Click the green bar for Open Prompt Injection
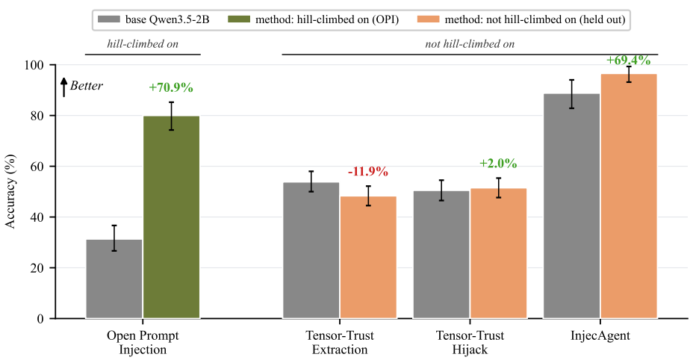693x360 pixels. coord(172,217)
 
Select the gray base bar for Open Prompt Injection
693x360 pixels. coord(114,279)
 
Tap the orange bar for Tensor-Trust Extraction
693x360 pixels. coord(368,258)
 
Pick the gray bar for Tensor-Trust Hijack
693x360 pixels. coord(441,255)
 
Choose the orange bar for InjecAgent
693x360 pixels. coord(629,196)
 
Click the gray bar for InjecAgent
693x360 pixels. coord(571,206)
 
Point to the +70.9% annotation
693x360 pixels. coord(171,87)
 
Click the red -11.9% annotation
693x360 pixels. coord(368,171)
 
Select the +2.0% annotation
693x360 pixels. coord(498,164)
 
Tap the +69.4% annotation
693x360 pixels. coord(629,60)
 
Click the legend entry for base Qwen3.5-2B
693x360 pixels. coord(153,19)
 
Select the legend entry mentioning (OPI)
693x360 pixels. coord(314,19)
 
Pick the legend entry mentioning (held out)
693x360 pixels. coord(521,19)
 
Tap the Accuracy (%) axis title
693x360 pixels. coord(10,191)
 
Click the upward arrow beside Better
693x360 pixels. coord(64,87)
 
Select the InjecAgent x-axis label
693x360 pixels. coord(600,335)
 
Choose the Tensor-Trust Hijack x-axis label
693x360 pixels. coord(470,342)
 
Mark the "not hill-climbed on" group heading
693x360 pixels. coord(470,44)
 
